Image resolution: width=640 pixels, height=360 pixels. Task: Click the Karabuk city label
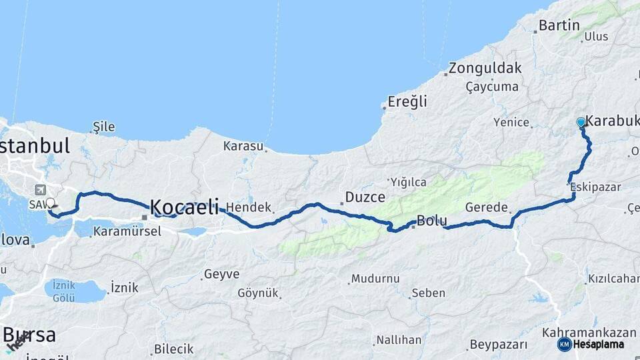[612, 121]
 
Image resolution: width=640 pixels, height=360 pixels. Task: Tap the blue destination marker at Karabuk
[581, 123]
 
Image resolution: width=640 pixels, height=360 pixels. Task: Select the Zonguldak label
[485, 68]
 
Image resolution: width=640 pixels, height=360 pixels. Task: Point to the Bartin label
[559, 26]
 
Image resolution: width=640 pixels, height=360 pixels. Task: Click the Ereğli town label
[408, 102]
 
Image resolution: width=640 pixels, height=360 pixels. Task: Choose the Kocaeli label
[184, 207]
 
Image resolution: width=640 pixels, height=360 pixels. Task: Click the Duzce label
[365, 197]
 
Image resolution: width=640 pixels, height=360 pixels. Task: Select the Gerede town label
[487, 207]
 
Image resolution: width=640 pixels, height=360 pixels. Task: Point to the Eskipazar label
[596, 187]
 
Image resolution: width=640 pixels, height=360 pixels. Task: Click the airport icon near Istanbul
[42, 189]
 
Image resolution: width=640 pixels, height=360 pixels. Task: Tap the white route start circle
[50, 203]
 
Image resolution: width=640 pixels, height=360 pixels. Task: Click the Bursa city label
[30, 335]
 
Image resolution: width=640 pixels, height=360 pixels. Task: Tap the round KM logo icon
[564, 344]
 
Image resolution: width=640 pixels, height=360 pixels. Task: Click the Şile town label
[104, 127]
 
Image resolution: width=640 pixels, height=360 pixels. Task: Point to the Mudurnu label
[375, 279]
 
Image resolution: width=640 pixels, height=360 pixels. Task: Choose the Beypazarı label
[499, 345]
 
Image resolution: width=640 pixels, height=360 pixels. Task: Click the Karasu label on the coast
[243, 145]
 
